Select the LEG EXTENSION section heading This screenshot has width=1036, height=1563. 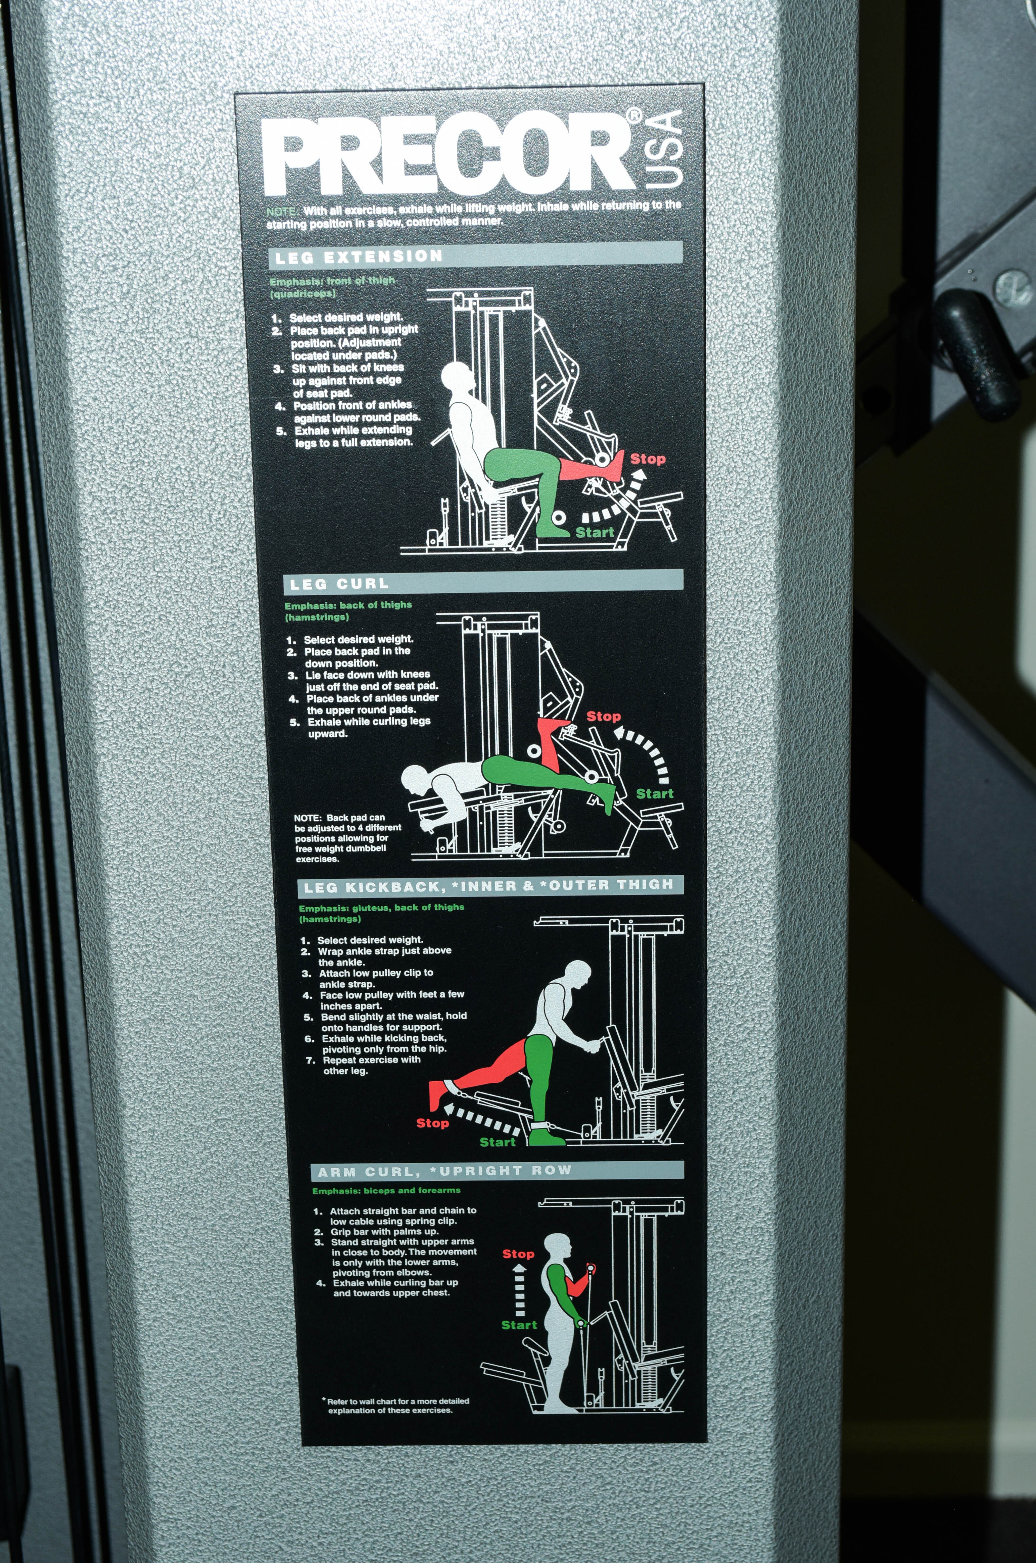359,256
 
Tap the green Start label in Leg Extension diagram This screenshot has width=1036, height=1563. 595,532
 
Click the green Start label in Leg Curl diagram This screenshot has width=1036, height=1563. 654,794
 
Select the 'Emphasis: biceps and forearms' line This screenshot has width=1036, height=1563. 386,1190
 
